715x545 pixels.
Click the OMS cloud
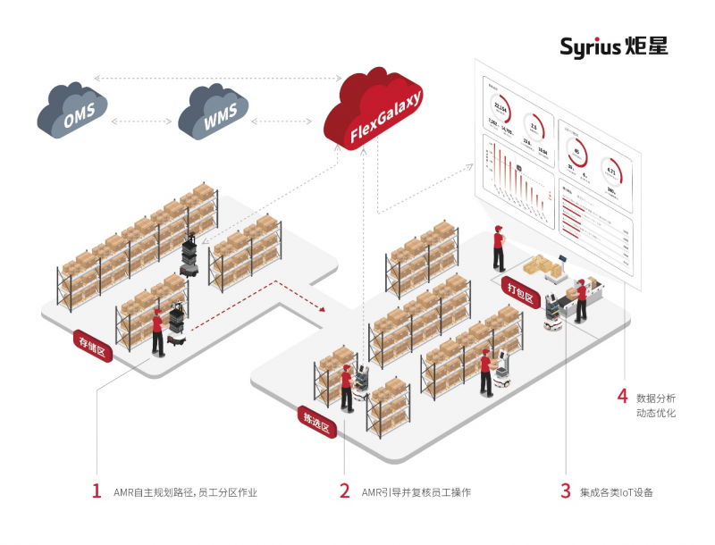(x=72, y=111)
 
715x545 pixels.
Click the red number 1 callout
(x=97, y=490)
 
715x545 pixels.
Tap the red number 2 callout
(x=344, y=490)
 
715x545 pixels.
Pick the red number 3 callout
(x=565, y=490)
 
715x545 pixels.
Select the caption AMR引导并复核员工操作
(x=416, y=492)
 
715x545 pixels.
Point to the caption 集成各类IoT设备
(x=617, y=492)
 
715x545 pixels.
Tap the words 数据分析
(x=656, y=397)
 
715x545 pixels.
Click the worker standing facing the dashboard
(x=499, y=249)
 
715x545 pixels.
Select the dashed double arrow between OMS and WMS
(x=143, y=120)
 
